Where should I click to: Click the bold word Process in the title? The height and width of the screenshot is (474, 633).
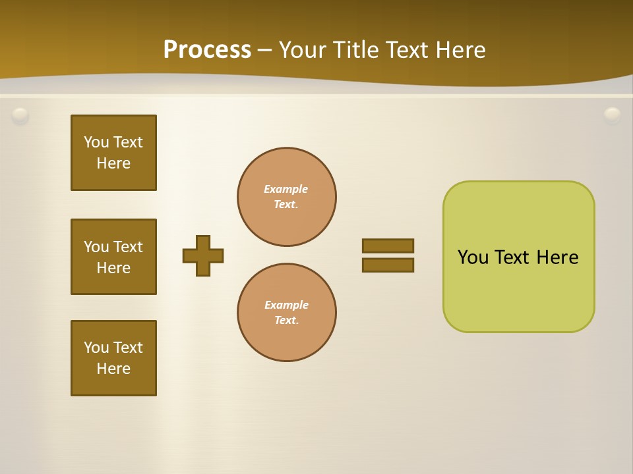tap(207, 50)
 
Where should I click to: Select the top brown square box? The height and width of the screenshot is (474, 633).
tap(113, 153)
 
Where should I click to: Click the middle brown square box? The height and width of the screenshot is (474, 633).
tap(113, 257)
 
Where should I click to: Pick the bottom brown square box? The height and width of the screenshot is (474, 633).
tap(113, 358)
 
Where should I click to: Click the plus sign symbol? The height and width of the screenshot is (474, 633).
tap(203, 255)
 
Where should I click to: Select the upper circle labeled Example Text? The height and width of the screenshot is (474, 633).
tap(287, 197)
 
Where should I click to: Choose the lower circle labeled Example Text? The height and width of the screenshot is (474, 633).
tap(287, 313)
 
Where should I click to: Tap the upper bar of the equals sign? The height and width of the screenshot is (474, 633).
tap(388, 246)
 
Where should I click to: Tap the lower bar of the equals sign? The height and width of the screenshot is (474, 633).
tap(388, 265)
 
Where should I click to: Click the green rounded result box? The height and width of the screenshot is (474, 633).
tap(518, 290)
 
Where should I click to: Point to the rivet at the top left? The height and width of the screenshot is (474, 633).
tap(20, 116)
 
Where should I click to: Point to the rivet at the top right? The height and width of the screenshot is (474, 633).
tap(613, 116)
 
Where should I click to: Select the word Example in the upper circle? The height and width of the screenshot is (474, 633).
tap(286, 190)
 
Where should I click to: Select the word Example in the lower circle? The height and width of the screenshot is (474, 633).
tap(286, 305)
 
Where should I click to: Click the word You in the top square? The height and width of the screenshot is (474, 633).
tap(96, 142)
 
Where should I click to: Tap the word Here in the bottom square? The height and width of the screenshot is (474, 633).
tap(113, 369)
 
